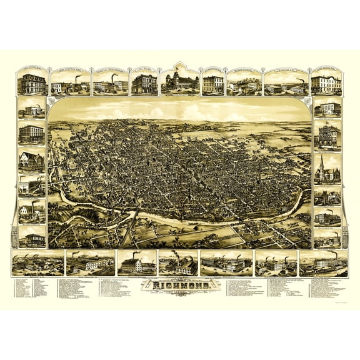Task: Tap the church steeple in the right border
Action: coord(320,164)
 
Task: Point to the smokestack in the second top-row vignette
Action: coord(77,80)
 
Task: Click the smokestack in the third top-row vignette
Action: coord(113,79)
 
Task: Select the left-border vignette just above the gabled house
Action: coord(32,133)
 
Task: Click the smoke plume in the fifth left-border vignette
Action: coord(39,179)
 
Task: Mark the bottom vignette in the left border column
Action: coord(32,237)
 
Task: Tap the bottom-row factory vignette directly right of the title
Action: coord(226,264)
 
